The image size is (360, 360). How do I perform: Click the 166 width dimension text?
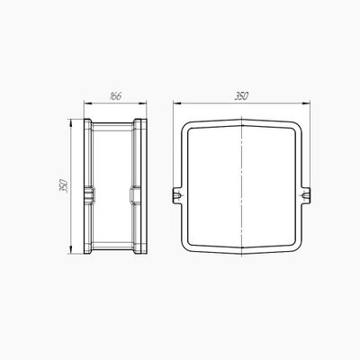pos(115,96)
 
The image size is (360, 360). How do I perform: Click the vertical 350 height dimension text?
pos(64,186)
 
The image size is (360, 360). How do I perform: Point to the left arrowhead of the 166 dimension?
pos(87,103)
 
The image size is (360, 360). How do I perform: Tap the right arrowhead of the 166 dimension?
pos(143,103)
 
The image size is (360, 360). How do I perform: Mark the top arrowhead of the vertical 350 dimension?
pos(71,123)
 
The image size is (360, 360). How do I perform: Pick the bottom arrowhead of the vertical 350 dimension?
pos(71,250)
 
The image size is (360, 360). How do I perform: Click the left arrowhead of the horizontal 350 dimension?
pos(177,103)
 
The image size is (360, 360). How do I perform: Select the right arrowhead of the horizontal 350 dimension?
pos(306,103)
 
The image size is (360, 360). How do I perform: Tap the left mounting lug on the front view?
pos(177,196)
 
